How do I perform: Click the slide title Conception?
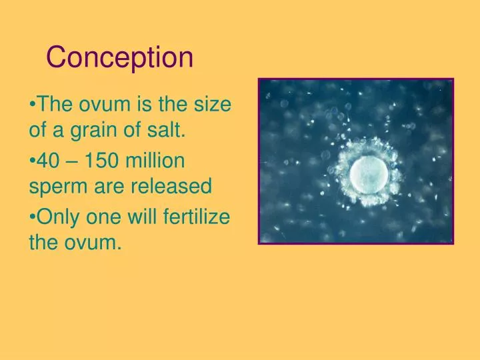tap(120, 57)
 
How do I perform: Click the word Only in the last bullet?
tap(55, 217)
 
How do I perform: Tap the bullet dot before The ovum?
tap(32, 105)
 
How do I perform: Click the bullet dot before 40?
tap(32, 161)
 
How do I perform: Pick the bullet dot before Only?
tap(32, 217)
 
